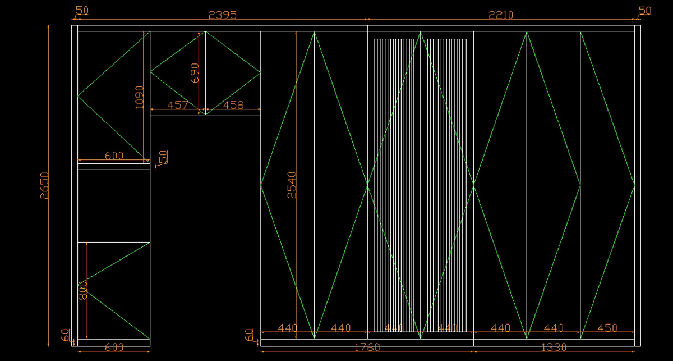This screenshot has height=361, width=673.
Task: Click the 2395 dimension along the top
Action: (222, 15)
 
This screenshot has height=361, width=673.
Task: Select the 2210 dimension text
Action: (501, 15)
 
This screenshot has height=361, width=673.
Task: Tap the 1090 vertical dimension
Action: (140, 97)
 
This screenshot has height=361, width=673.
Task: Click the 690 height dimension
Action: (195, 73)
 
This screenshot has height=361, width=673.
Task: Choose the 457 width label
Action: (178, 105)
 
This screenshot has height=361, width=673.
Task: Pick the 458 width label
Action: (233, 105)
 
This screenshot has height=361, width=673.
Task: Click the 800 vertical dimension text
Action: (84, 290)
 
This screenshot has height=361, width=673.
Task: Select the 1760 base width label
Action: (367, 348)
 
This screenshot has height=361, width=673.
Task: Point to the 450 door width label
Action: (607, 328)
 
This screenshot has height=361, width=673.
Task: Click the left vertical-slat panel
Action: (394, 185)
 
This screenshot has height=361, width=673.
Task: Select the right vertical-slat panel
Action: (447, 185)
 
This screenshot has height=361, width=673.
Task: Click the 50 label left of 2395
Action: (82, 11)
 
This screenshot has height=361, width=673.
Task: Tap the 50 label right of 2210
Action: (645, 11)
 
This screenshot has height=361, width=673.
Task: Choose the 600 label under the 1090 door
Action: (114, 156)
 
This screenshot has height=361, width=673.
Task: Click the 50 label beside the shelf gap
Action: (164, 157)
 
